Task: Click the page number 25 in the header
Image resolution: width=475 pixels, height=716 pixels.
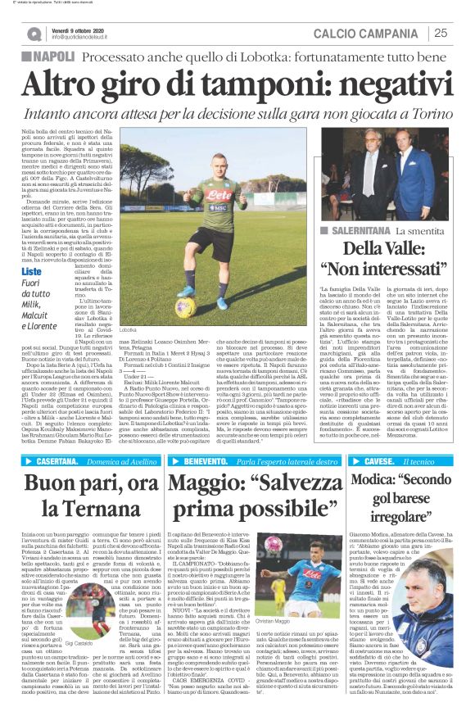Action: click(441, 33)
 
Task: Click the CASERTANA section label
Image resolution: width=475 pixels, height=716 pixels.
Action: click(58, 462)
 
